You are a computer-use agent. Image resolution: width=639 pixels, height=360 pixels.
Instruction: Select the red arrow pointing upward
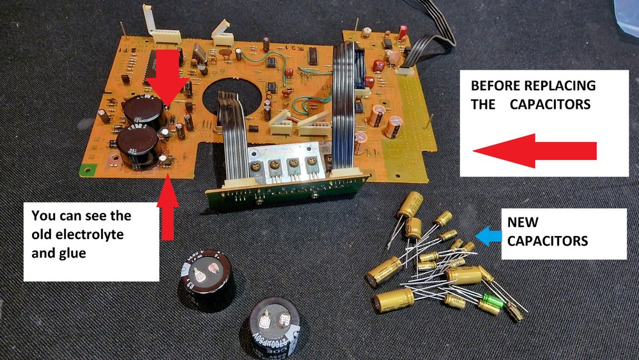(x=168, y=208)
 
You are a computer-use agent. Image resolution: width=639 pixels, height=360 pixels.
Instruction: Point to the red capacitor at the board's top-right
(x=403, y=31)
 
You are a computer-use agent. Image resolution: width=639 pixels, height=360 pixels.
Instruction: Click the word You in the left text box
(x=43, y=215)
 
